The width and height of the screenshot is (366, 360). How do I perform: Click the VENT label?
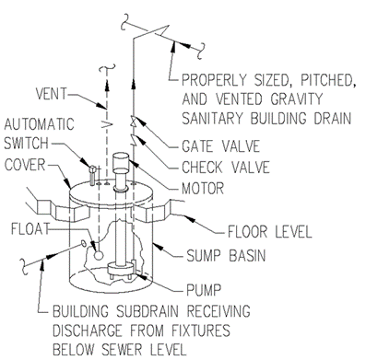pos(51,94)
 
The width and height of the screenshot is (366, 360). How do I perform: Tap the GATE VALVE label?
pos(221,146)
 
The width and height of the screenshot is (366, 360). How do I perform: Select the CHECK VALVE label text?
pos(226,168)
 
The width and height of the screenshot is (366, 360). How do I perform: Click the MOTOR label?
pos(203,189)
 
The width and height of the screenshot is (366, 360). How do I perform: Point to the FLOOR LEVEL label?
pos(269,232)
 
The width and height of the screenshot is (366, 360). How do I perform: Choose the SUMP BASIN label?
pos(226,255)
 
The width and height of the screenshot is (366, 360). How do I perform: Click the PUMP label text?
pos(204,289)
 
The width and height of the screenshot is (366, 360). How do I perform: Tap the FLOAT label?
pos(30,229)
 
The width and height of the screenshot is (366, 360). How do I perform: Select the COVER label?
pos(25,165)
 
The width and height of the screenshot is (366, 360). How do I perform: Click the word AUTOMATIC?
pos(39,124)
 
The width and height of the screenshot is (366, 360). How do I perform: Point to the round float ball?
pos(99,255)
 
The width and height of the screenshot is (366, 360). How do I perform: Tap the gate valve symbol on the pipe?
pos(134,121)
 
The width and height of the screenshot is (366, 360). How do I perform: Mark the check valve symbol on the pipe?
pos(134,140)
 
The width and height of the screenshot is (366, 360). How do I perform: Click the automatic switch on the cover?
pos(92,176)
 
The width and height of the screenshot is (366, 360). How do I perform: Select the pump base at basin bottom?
pos(122,270)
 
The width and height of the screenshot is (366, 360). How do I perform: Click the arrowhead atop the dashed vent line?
pos(107,85)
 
